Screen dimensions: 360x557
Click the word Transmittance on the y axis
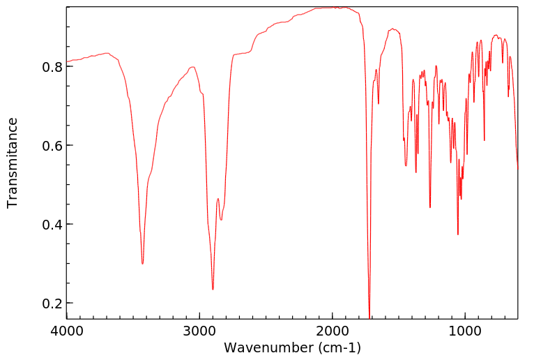[x=13, y=163]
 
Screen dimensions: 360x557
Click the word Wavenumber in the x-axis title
[x=268, y=347]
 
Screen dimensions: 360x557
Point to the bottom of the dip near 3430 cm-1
[x=143, y=264]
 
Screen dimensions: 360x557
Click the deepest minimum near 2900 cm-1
[x=213, y=290]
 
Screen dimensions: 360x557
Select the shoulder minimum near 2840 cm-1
[x=222, y=220]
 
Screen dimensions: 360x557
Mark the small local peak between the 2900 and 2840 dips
[x=218, y=199]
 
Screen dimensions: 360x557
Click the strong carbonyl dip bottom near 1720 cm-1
[x=369, y=317]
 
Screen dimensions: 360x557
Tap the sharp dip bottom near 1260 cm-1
[x=430, y=207]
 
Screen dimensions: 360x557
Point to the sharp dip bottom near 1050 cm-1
[x=457, y=234]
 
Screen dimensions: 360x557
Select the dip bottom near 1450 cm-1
[x=406, y=166]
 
